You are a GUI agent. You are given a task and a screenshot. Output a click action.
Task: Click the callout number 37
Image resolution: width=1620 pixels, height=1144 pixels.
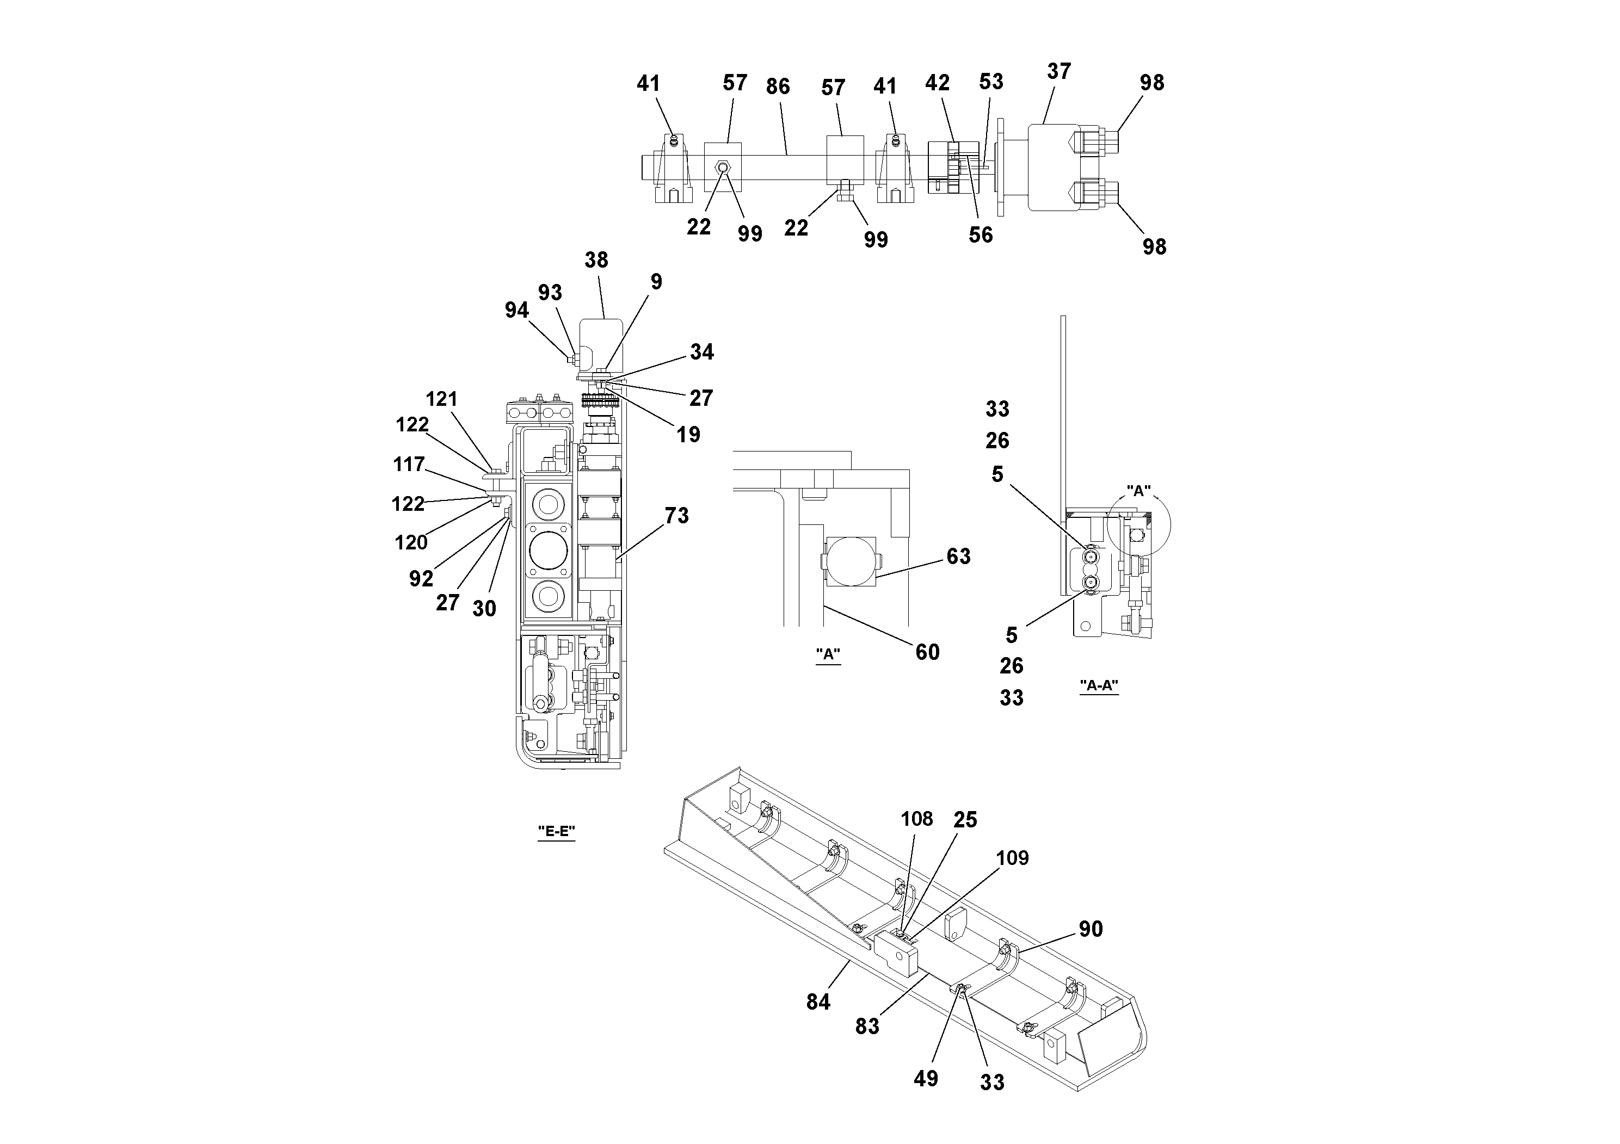point(1058,71)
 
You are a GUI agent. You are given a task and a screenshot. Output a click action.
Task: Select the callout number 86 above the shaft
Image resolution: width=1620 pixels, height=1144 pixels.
point(778,86)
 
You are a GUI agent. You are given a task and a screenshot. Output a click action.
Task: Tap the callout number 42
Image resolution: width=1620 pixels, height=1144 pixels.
point(937,83)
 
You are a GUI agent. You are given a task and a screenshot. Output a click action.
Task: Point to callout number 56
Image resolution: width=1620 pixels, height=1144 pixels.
point(980,235)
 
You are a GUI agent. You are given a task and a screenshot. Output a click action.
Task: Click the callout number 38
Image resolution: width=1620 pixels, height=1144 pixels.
point(596,260)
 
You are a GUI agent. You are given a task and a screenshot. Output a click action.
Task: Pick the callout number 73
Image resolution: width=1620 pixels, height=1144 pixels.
point(676,516)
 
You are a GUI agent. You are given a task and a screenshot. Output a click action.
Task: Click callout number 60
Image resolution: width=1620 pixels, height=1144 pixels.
point(927,652)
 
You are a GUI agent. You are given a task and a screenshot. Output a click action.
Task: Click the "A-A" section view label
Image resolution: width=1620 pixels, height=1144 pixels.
point(1099,685)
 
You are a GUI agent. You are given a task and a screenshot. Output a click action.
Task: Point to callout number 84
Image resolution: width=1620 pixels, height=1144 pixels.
point(818,1001)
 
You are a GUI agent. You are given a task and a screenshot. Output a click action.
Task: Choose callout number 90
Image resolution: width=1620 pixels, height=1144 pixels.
point(1090,929)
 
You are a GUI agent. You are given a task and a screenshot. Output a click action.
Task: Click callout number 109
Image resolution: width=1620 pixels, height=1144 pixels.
point(1012,858)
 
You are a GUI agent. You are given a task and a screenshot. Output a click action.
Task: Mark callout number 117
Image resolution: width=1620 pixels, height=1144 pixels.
point(409,464)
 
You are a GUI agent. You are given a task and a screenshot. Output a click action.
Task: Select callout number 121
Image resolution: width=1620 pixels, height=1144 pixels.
point(442,399)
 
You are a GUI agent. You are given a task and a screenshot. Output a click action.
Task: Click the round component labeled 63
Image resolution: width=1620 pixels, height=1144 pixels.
point(852,561)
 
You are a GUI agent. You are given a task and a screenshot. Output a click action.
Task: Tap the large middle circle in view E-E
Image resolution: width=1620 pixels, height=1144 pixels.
point(547,552)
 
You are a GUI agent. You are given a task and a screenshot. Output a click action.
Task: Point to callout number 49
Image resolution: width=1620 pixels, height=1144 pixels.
point(926,1078)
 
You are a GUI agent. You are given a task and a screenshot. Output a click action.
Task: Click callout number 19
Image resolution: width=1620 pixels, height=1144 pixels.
point(688,435)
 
